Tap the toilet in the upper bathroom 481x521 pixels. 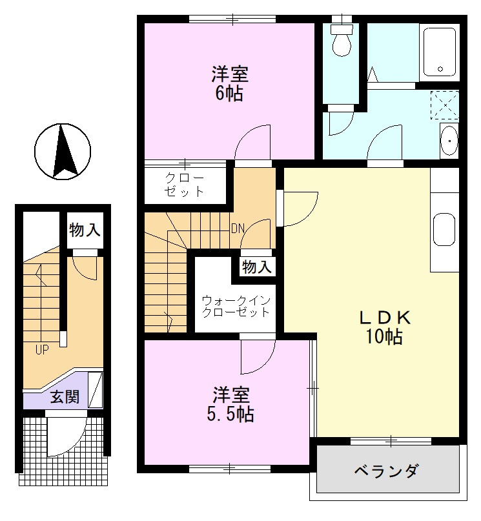(342, 40)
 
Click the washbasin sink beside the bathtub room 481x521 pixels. (449, 140)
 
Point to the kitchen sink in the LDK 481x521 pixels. (444, 230)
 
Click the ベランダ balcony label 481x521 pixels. (386, 471)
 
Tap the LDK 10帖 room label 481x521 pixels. (385, 327)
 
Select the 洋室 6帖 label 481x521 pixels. (230, 84)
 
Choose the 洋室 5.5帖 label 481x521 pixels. (230, 404)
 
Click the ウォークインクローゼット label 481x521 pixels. (236, 307)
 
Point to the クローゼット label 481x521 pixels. (184, 185)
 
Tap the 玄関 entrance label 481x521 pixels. (65, 397)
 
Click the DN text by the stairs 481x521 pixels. (238, 229)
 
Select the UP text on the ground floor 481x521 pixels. (42, 349)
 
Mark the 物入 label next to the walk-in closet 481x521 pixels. (257, 267)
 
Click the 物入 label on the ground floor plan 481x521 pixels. (85, 230)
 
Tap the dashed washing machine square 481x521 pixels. (445, 105)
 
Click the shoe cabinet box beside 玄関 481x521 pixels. (96, 390)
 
